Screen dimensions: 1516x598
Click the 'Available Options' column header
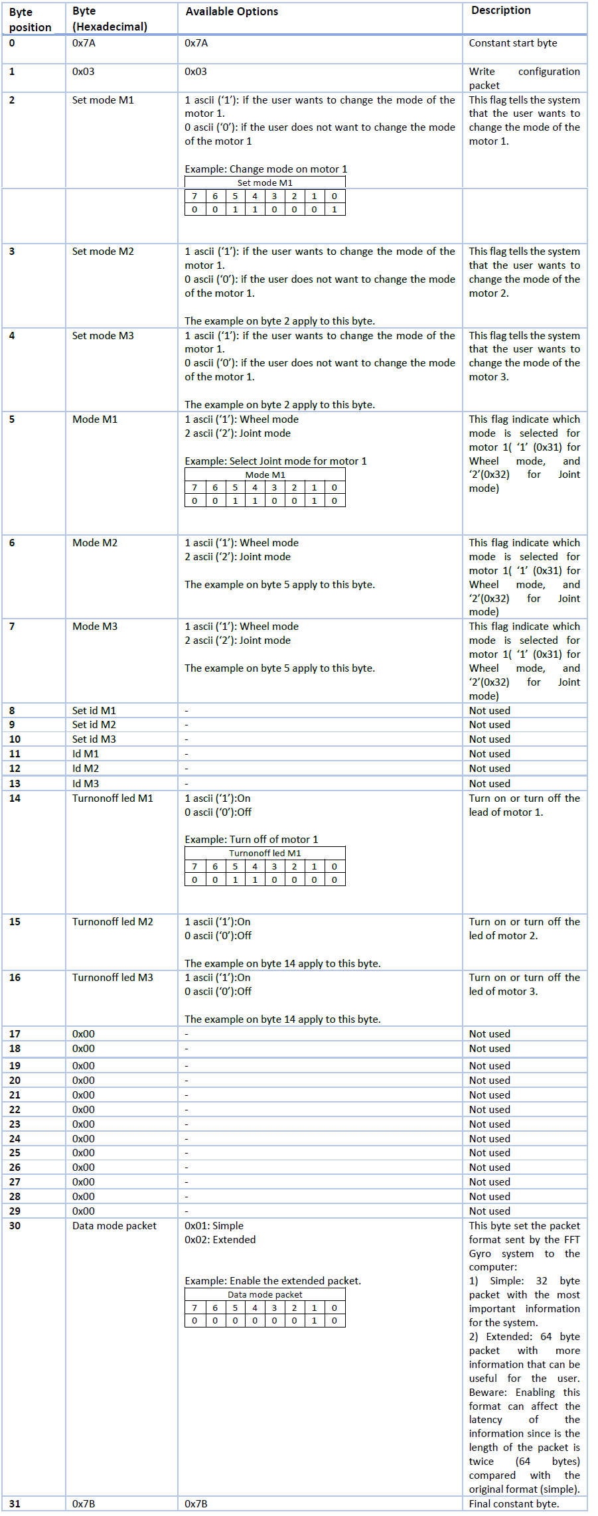(232, 12)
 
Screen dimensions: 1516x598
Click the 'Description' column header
(500, 11)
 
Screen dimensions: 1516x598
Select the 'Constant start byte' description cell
(512, 43)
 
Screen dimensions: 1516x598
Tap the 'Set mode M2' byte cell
(103, 252)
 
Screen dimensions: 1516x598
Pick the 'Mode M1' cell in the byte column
(95, 419)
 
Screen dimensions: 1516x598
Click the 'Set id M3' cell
(94, 739)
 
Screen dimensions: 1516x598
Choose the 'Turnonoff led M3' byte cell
(112, 978)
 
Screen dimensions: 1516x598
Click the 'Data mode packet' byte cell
(114, 1226)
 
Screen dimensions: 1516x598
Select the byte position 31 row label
(15, 1504)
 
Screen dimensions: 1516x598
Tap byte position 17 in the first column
(15, 1034)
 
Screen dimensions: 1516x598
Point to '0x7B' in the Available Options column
(196, 1504)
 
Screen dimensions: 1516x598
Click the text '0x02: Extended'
(220, 1240)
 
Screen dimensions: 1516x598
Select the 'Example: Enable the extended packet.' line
(273, 1281)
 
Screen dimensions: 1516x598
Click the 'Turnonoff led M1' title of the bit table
(265, 854)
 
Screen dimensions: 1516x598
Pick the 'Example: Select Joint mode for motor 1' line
(275, 461)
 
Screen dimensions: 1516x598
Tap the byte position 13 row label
(15, 784)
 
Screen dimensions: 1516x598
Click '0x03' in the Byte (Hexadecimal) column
(84, 72)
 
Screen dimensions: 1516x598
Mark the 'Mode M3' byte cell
(95, 627)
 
